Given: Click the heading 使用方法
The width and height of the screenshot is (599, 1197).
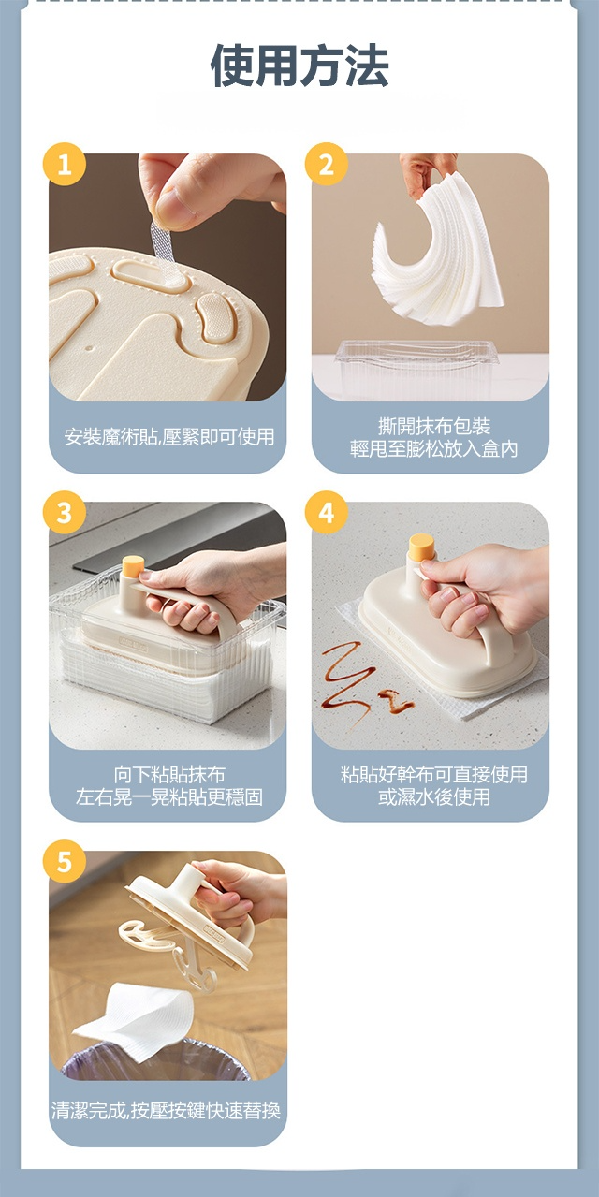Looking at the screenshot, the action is [299, 65].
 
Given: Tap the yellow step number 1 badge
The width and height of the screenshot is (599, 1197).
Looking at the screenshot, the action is [65, 164].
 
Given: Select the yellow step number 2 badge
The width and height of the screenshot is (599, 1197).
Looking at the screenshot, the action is [327, 164].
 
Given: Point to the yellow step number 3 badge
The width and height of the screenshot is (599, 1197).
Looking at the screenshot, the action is [65, 512].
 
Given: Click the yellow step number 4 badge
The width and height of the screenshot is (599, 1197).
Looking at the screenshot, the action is [327, 512].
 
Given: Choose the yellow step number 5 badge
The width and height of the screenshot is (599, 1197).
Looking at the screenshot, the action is [65, 861].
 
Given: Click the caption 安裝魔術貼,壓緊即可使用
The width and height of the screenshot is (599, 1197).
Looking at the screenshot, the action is [168, 436].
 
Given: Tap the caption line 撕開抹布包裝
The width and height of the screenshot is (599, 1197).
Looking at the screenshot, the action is [434, 426].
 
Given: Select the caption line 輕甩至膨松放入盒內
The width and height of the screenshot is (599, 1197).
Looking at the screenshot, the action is [434, 449].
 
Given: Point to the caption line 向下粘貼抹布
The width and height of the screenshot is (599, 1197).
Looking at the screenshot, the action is [169, 774].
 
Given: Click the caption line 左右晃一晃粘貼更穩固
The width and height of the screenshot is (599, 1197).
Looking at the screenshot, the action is [169, 796].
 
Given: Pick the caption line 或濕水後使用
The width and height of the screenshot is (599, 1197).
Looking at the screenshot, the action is [434, 796].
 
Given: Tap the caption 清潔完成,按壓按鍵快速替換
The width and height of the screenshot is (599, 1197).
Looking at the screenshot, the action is [166, 1110].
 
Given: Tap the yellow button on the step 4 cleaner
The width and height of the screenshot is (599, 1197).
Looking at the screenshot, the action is [420, 548].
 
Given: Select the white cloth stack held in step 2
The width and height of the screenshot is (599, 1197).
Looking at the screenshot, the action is [436, 251].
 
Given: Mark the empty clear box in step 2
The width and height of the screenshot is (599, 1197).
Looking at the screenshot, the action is [416, 370].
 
